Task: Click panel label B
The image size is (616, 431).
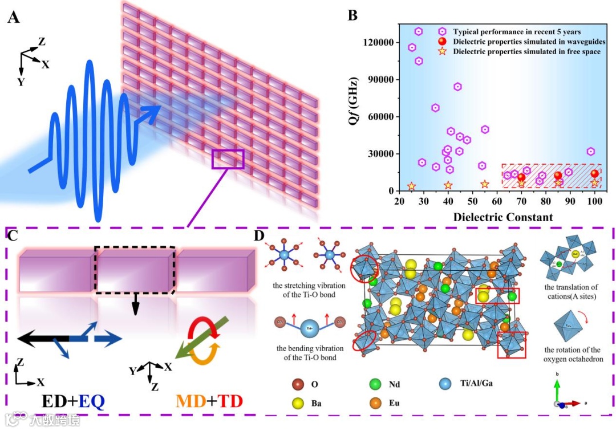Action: pyautogui.click(x=352, y=15)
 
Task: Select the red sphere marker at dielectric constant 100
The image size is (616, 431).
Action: pyautogui.click(x=595, y=174)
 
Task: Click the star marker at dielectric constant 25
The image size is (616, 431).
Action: pyautogui.click(x=411, y=186)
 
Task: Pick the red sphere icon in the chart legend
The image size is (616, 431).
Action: pyautogui.click(x=441, y=42)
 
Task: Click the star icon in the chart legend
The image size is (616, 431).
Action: pyautogui.click(x=441, y=52)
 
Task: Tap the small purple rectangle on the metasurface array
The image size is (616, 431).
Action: pyautogui.click(x=228, y=159)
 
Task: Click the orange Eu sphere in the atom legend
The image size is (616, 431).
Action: pyautogui.click(x=375, y=404)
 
